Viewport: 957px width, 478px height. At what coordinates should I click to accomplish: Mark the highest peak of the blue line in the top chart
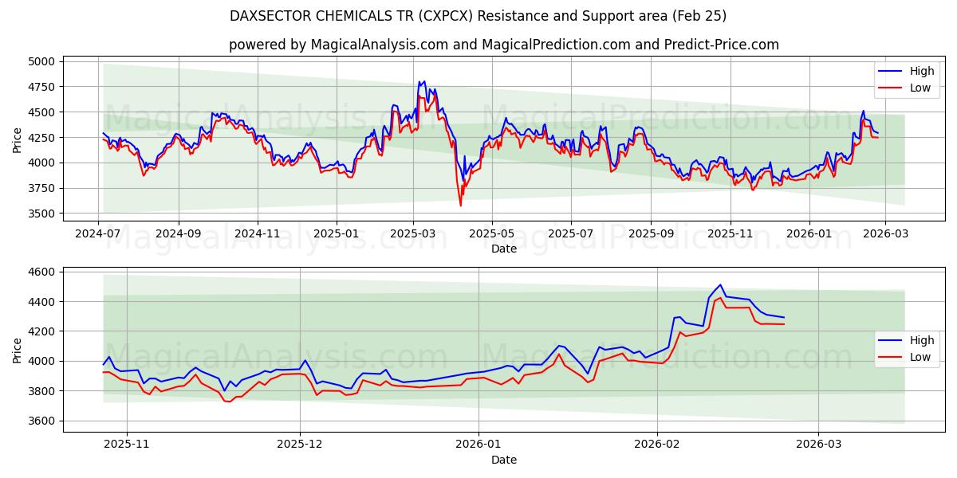point(419,81)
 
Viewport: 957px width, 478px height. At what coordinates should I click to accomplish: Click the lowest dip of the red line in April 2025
point(460,206)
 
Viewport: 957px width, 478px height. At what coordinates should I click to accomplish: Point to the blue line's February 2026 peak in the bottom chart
point(720,285)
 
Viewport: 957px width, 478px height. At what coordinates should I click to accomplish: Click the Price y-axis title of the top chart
point(18,139)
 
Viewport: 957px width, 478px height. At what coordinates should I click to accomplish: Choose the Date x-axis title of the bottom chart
point(503,460)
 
